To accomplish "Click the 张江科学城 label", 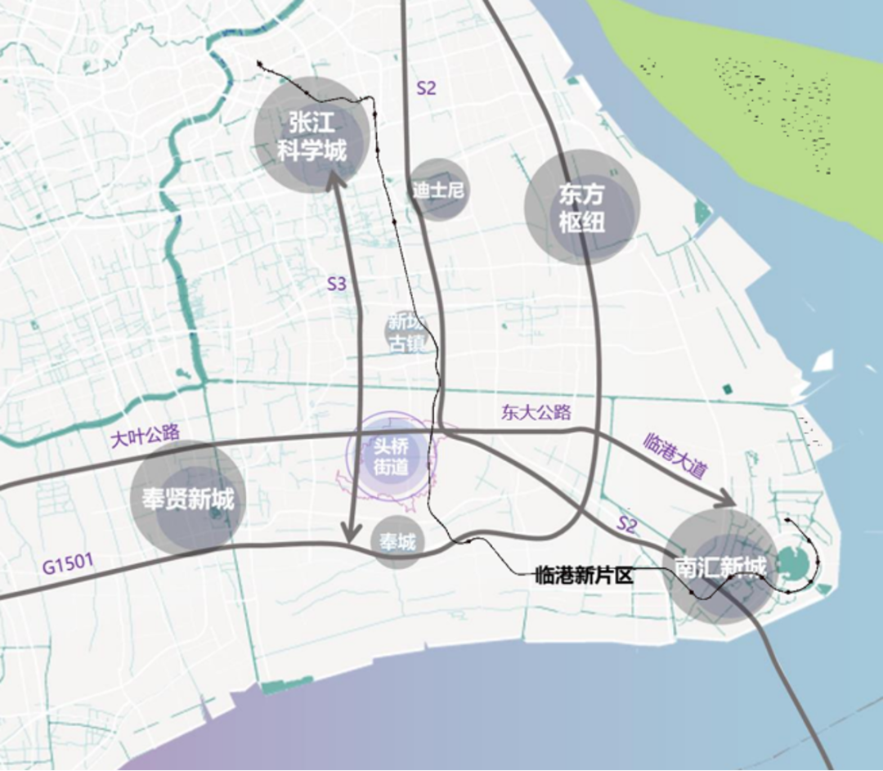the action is (x=312, y=137).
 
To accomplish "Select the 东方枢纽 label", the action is (x=581, y=208).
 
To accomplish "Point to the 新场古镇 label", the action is (x=406, y=332).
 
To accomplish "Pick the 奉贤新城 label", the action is (x=188, y=499).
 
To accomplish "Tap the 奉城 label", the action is (x=397, y=541).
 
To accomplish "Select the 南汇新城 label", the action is (x=720, y=567).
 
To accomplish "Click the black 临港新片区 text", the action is (x=584, y=576).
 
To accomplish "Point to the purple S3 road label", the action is (x=337, y=285).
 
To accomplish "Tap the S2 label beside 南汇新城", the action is (x=626, y=526).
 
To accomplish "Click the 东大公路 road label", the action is (x=536, y=412).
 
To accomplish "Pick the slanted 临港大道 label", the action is (x=675, y=455).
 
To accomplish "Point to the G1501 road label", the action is (x=68, y=564).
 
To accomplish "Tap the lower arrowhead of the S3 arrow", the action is (x=351, y=533).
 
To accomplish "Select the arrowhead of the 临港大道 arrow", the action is (x=727, y=499).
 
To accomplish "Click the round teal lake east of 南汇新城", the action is (x=791, y=562).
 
